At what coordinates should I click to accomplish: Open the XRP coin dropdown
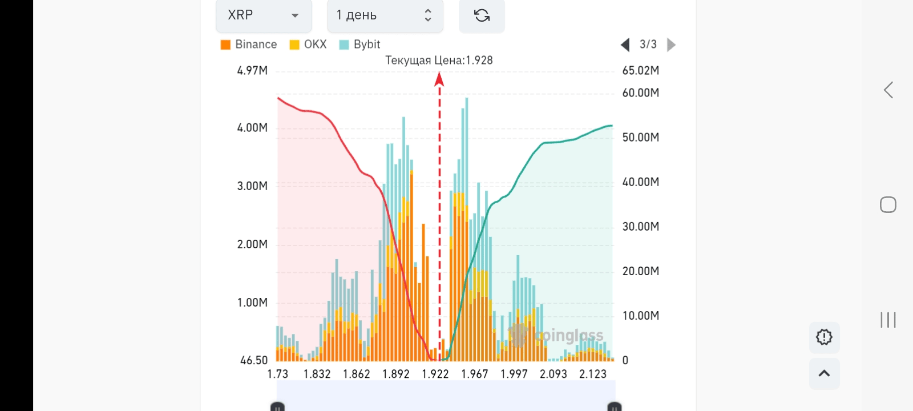tap(264, 15)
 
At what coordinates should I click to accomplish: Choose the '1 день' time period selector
tap(385, 15)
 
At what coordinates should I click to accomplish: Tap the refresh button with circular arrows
tap(482, 15)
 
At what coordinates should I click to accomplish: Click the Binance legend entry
tap(249, 45)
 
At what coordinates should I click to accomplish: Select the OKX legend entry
tap(308, 45)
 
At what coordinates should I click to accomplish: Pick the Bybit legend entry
tap(360, 45)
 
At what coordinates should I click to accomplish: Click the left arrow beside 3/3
tap(625, 45)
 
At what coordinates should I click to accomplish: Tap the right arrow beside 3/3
tap(671, 45)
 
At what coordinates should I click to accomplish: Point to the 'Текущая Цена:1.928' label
tap(439, 61)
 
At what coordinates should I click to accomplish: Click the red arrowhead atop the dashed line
tap(439, 79)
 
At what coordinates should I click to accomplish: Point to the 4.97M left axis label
tap(252, 71)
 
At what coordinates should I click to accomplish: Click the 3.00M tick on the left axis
tap(252, 186)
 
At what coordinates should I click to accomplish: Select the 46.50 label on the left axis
tap(254, 360)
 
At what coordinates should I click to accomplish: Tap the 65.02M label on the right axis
tap(640, 71)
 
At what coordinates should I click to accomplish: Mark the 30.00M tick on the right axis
tap(640, 227)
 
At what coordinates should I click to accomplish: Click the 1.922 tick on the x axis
tap(435, 374)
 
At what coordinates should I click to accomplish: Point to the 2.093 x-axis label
tap(554, 374)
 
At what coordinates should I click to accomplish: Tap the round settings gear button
tap(824, 337)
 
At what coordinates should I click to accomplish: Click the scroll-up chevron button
tap(824, 373)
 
